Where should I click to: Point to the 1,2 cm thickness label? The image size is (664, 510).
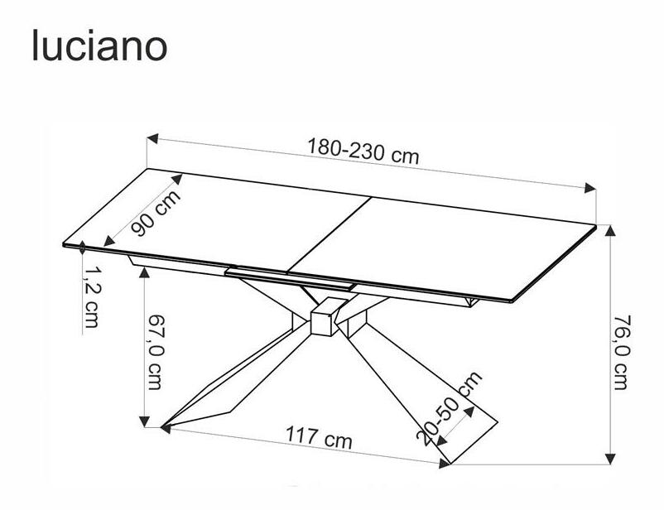tap(91, 296)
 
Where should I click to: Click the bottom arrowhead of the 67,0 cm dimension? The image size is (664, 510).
tap(146, 421)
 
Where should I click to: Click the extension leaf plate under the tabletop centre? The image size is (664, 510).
tap(290, 277)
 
